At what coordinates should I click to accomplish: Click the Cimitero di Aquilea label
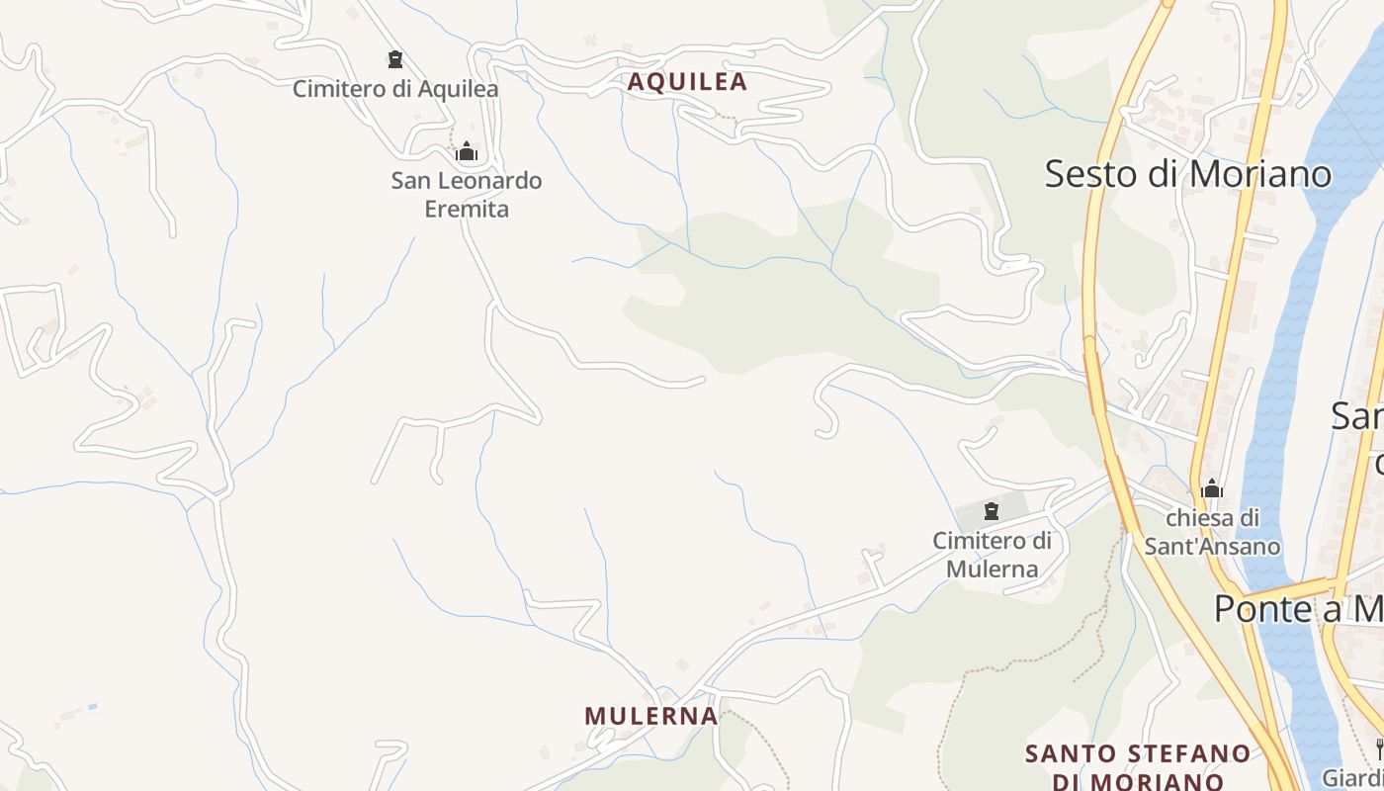[395, 89]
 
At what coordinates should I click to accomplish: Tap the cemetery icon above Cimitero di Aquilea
[395, 59]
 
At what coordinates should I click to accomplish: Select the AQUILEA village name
[688, 82]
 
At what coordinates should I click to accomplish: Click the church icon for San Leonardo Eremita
[467, 152]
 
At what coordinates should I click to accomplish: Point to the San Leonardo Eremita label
[467, 195]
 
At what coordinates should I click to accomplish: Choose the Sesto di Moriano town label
[1188, 174]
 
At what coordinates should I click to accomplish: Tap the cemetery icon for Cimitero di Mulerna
[992, 511]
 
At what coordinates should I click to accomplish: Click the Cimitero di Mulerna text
[993, 555]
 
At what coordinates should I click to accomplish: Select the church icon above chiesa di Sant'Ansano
[1212, 488]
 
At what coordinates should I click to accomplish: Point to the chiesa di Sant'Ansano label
[1212, 532]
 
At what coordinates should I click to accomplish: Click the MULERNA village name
[651, 716]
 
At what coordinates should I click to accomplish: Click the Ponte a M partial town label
[1298, 609]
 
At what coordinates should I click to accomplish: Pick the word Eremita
[467, 209]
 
